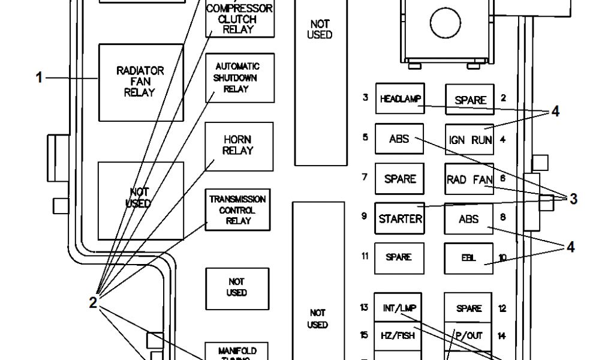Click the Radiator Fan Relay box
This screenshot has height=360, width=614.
pos(140,82)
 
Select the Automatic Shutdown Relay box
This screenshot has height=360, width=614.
pos(240,77)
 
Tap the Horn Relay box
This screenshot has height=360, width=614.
pos(239,146)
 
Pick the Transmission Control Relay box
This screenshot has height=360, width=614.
pos(238,210)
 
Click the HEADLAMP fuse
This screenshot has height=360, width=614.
pos(400,99)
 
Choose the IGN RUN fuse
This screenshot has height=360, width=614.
pos(469,140)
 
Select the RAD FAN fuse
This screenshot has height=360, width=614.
pos(469,179)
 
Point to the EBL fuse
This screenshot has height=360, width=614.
pos(469,257)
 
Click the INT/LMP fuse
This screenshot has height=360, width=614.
pos(399,308)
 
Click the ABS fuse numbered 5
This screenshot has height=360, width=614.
pos(399,139)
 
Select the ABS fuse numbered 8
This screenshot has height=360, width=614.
pos(469,218)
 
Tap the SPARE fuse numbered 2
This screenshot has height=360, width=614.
pos(469,100)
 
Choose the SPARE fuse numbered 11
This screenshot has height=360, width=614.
pos(399,257)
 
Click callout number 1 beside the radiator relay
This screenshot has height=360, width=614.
pos(40,78)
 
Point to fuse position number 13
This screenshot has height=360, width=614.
pos(364,308)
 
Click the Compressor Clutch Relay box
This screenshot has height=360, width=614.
pos(239,18)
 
